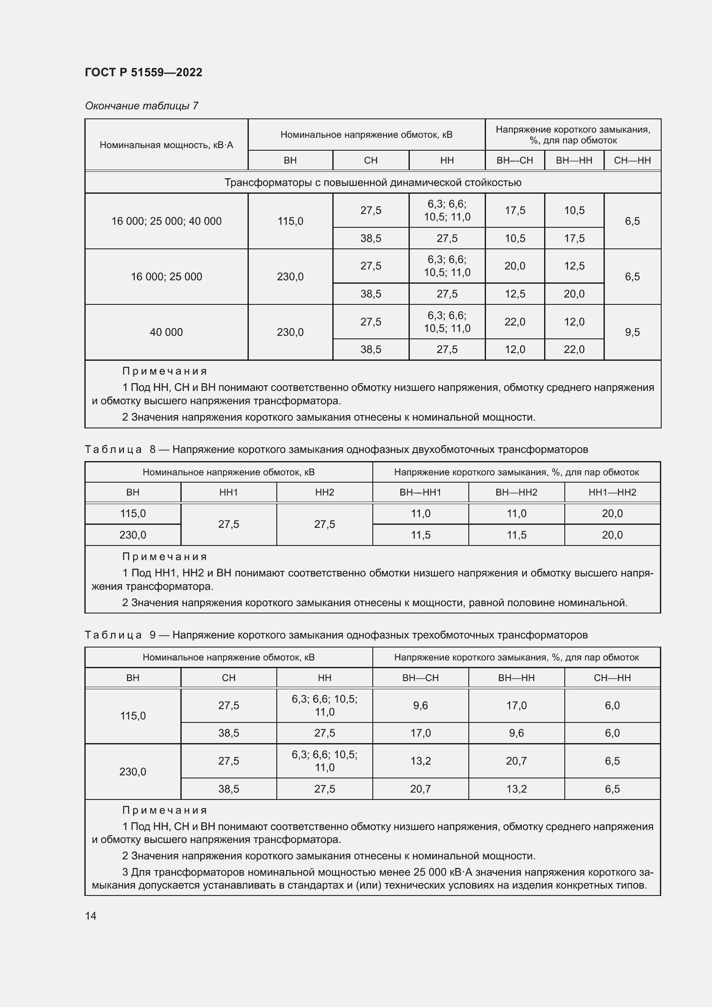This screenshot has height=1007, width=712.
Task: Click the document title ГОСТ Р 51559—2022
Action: pos(143,72)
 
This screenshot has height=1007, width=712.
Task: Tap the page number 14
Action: pos(91,916)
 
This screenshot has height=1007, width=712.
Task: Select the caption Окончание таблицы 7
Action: pos(142,106)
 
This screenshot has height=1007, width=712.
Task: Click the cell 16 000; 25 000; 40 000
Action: pos(166,221)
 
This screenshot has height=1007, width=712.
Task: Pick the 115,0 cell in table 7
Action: pos(290,221)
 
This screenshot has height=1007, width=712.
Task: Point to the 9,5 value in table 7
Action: pos(632,332)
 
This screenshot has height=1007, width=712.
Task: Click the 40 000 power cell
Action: pos(166,332)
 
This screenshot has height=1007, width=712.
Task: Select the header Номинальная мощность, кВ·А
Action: pos(166,145)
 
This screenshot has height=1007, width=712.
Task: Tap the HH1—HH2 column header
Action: pos(612,492)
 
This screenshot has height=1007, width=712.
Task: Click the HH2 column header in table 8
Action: pos(325,492)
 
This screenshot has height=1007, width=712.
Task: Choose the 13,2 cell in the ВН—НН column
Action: pos(516,789)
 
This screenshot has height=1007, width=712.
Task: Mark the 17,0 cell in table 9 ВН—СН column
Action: pos(421,733)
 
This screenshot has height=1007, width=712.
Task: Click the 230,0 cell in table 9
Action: pos(133,772)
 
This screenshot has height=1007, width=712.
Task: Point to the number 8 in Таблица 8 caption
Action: pos(152,449)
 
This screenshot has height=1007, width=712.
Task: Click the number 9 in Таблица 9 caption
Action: pos(152,635)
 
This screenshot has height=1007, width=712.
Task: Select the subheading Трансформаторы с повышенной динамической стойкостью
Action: pos(373,183)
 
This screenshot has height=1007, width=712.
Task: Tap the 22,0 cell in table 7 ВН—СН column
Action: pos(515,322)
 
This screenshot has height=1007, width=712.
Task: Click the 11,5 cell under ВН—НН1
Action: pos(421,535)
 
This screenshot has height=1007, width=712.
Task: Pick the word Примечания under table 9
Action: pos(164,810)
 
